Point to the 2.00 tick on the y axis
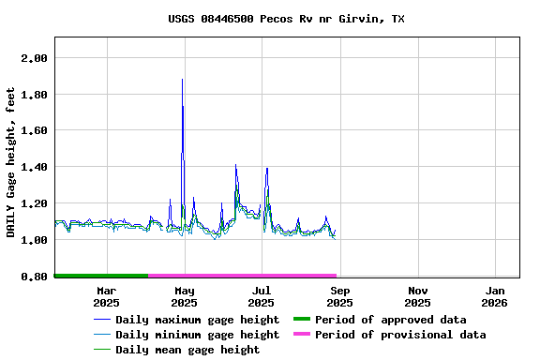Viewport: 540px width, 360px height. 34,58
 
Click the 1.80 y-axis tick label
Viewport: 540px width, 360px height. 34,95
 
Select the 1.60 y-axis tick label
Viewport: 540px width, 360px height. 34,131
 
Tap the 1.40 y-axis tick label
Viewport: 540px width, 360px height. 34,167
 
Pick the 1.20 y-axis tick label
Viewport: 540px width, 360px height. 34,203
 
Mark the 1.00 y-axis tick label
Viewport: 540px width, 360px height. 34,240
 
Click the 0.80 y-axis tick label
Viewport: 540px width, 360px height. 34,277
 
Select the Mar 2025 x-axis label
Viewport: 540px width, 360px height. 106,296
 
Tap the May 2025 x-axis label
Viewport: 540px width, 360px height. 184,296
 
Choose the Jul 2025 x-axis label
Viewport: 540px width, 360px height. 262,296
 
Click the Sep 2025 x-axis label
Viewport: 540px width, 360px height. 339,296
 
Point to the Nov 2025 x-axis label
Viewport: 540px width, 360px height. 417,296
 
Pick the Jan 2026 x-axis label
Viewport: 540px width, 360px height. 494,296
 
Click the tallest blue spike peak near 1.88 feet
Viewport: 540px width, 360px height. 182,81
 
